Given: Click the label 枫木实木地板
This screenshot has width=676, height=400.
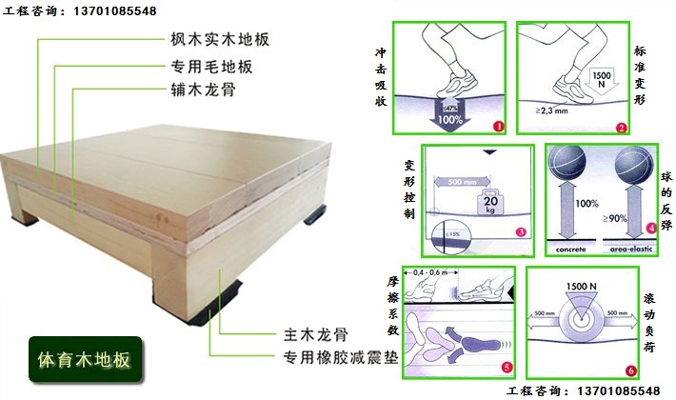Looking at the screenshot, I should [x=214, y=41].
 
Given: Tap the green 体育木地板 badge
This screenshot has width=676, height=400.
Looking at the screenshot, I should [x=86, y=360].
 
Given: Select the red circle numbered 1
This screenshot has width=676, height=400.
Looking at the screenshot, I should [x=497, y=126].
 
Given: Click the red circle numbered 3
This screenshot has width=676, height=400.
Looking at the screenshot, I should [x=521, y=231].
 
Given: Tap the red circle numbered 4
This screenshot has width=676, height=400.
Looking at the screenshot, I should [x=650, y=228].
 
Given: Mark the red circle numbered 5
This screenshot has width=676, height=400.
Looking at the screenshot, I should [x=506, y=368].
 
